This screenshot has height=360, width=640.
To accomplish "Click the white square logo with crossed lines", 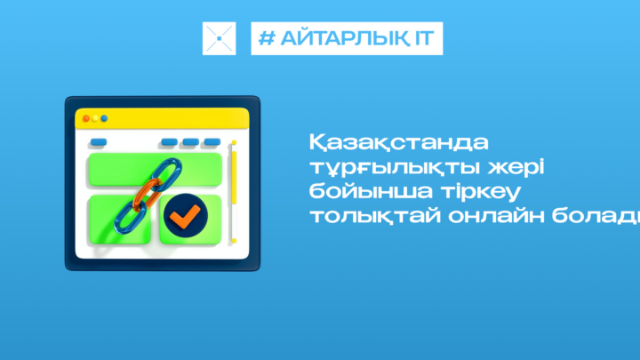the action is (220, 38).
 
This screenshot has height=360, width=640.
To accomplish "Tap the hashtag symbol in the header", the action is (267, 38).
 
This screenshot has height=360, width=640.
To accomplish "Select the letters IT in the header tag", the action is (425, 38).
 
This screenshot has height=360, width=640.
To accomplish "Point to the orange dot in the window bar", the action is (86, 119).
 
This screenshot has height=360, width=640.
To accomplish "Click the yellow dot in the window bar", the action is (95, 119).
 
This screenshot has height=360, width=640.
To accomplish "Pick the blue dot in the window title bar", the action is (104, 119).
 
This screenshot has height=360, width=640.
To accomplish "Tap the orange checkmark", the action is (185, 215).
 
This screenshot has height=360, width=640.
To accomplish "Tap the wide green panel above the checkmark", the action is (156, 170).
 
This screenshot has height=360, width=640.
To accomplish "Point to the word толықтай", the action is (375, 215).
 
